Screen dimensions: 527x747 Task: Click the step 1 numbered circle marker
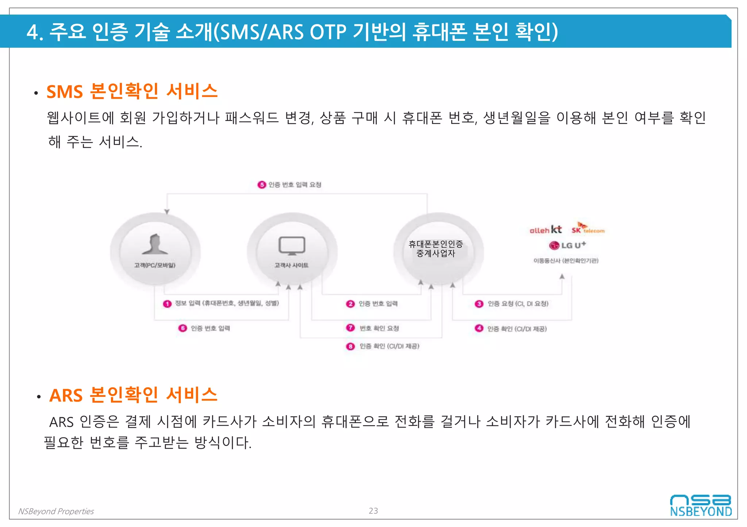167,304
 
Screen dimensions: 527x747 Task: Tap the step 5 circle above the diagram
262,185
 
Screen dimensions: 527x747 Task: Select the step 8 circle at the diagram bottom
350,346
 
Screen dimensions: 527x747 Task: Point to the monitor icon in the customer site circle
292,246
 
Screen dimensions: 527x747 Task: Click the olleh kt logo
545,230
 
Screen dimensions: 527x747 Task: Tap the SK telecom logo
588,228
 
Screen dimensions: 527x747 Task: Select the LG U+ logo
568,245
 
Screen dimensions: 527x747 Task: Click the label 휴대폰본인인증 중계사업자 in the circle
436,248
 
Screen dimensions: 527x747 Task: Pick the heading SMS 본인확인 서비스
132,91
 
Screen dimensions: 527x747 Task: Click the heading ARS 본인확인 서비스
133,395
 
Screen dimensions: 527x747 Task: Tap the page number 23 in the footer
373,511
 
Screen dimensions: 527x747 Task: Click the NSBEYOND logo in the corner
701,506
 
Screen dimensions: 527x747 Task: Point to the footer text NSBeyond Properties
56,511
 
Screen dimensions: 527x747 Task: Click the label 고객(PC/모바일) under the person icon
155,265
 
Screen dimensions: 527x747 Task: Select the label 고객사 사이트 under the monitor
291,265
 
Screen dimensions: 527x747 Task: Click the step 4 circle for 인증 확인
479,328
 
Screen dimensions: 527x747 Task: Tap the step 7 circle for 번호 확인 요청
350,328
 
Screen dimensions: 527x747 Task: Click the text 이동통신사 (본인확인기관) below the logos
566,260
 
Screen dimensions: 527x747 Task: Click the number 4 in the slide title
32,32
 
